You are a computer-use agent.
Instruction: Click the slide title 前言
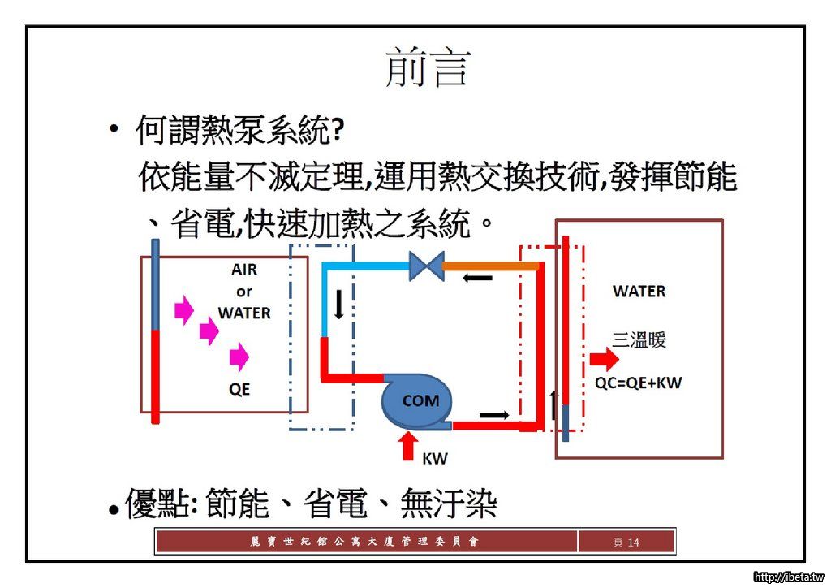pyautogui.click(x=428, y=67)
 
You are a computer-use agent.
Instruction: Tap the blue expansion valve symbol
pyautogui.click(x=426, y=266)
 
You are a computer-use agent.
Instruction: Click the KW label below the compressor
pyautogui.click(x=435, y=458)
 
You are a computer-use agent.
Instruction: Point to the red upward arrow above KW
pyautogui.click(x=408, y=446)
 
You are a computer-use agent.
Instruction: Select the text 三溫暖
pyautogui.click(x=639, y=340)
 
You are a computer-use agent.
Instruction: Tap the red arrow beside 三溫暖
pyautogui.click(x=604, y=359)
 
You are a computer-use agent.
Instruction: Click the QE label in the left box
pyautogui.click(x=239, y=389)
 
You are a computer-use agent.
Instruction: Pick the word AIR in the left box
pyautogui.click(x=244, y=270)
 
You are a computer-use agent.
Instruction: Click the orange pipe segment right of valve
pyautogui.click(x=490, y=265)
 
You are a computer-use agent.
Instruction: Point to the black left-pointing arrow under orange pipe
pyautogui.click(x=477, y=279)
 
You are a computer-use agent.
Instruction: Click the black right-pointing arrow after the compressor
pyautogui.click(x=494, y=414)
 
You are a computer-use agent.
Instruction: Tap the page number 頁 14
pyautogui.click(x=626, y=542)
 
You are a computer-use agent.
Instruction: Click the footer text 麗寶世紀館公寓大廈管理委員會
pyautogui.click(x=365, y=542)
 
